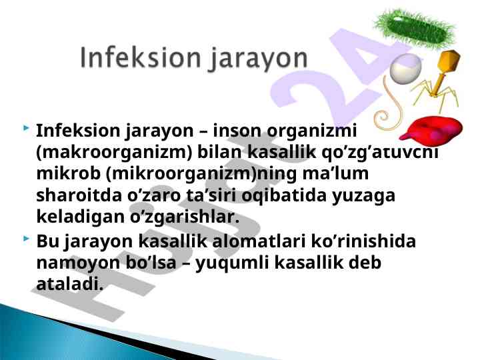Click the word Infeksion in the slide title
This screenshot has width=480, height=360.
coord(141,58)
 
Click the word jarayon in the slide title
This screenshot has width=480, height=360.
coord(259,60)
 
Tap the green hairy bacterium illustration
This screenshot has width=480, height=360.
coord(415,29)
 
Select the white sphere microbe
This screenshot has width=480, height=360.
coord(405,69)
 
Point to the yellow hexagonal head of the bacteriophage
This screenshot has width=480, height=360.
coord(449,61)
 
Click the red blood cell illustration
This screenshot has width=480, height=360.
coord(431,131)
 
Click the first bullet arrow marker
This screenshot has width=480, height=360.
coord(26,127)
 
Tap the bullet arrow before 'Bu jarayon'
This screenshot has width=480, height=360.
coord(26,238)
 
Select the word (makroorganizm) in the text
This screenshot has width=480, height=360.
coord(114,153)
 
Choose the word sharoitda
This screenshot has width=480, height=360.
coord(79,195)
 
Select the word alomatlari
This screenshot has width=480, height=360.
coord(259,241)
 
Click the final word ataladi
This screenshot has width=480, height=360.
coord(69,283)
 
